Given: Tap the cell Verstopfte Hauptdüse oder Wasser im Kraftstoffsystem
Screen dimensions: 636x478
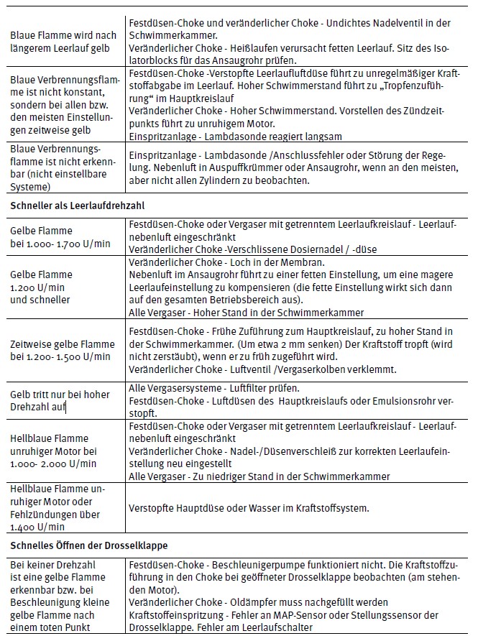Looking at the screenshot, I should [249, 508].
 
